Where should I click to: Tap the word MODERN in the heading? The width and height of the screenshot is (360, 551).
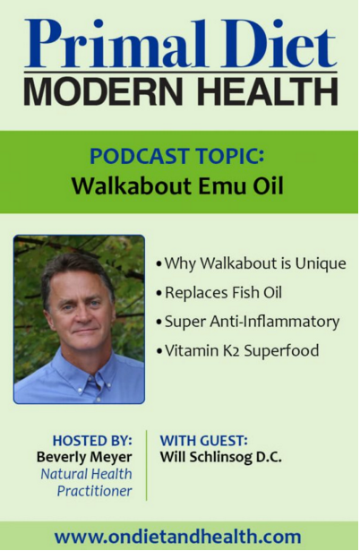pyautogui.click(x=103, y=90)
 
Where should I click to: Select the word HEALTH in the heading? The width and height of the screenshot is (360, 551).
pyautogui.click(x=268, y=90)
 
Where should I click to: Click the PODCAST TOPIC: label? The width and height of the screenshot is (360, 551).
pyautogui.click(x=177, y=156)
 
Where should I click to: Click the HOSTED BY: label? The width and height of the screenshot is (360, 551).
pyautogui.click(x=92, y=440)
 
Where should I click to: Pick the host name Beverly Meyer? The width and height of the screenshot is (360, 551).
pyautogui.click(x=84, y=457)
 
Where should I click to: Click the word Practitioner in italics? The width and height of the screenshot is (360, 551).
pyautogui.click(x=95, y=491)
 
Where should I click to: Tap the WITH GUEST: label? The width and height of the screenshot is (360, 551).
pyautogui.click(x=204, y=440)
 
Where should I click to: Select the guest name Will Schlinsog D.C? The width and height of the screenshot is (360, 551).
pyautogui.click(x=221, y=457)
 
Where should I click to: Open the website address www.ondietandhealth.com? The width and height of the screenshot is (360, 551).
pyautogui.click(x=177, y=537)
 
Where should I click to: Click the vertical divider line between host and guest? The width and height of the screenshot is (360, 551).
pyautogui.click(x=147, y=465)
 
